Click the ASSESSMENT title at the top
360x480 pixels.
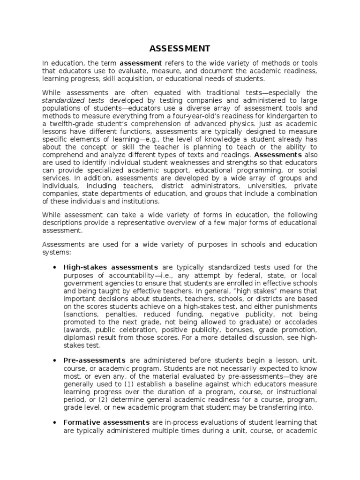(180, 49)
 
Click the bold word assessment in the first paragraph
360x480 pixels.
(141, 63)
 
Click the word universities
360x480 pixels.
(262, 187)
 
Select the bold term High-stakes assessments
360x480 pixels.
(110, 267)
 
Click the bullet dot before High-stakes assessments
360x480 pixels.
(55, 267)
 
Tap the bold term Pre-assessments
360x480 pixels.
(94, 360)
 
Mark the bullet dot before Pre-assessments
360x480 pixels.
(55, 360)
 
